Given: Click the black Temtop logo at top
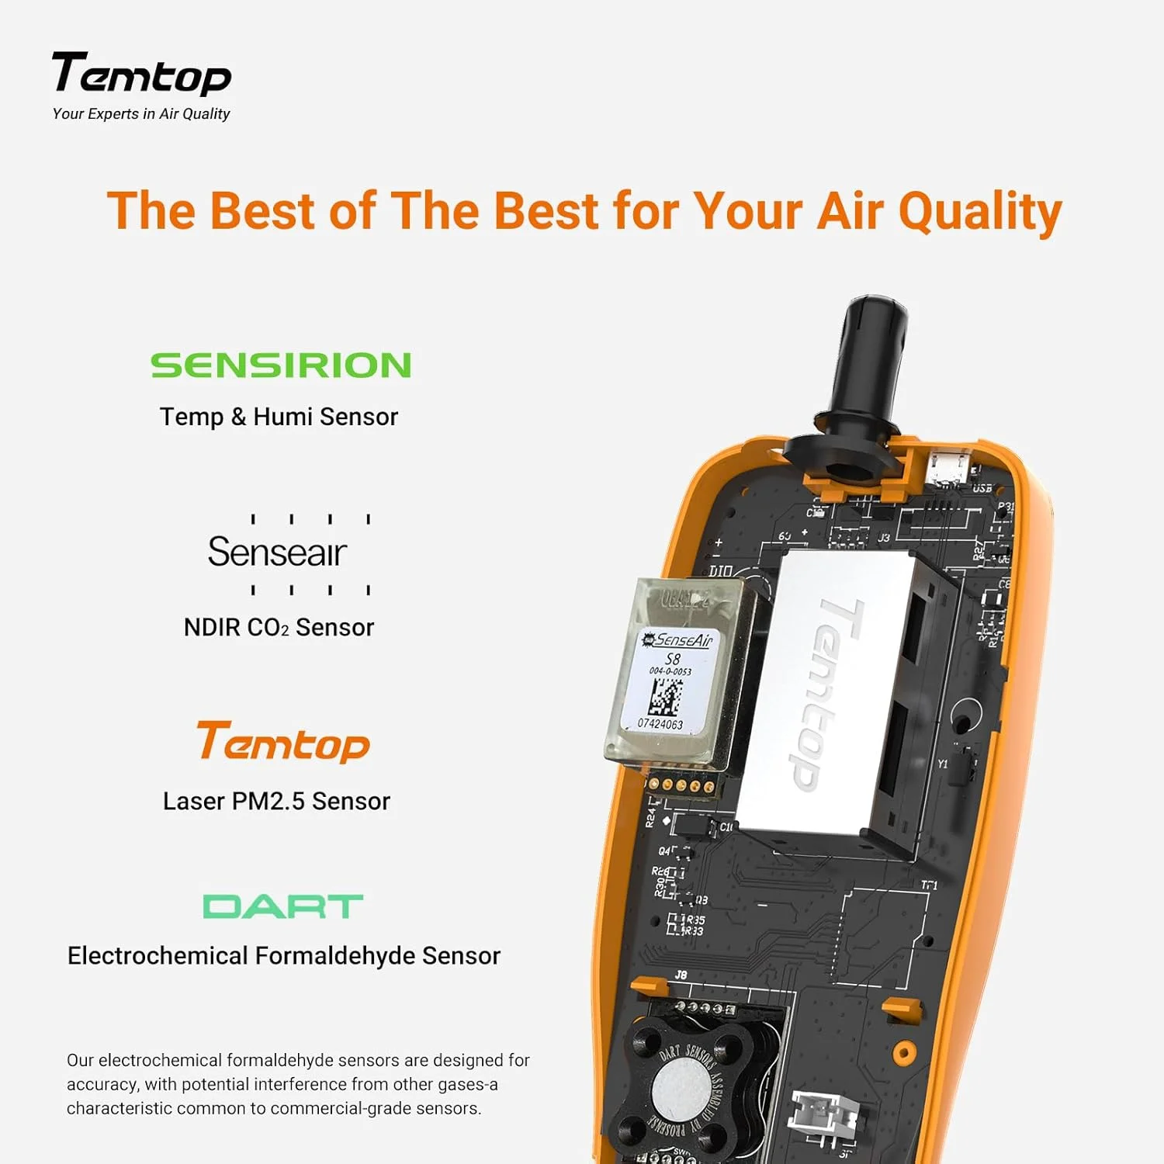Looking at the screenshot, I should click(141, 74).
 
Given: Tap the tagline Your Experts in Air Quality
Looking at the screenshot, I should click(141, 114).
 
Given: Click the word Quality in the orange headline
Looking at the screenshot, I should click(979, 211).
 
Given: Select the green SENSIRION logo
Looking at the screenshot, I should click(280, 365).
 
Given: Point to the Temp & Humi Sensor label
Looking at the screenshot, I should click(279, 417).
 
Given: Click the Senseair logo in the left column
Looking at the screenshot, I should click(277, 553).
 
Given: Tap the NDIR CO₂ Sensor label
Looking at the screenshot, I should click(279, 627).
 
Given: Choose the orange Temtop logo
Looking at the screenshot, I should click(282, 743).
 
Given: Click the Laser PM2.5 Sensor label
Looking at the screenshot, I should click(276, 801).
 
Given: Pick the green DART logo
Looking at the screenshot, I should click(282, 906).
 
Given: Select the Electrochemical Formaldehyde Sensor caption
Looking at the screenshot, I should click(284, 955).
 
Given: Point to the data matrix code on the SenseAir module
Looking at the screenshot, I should click(665, 697).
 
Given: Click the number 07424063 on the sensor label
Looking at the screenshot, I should click(660, 724).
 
